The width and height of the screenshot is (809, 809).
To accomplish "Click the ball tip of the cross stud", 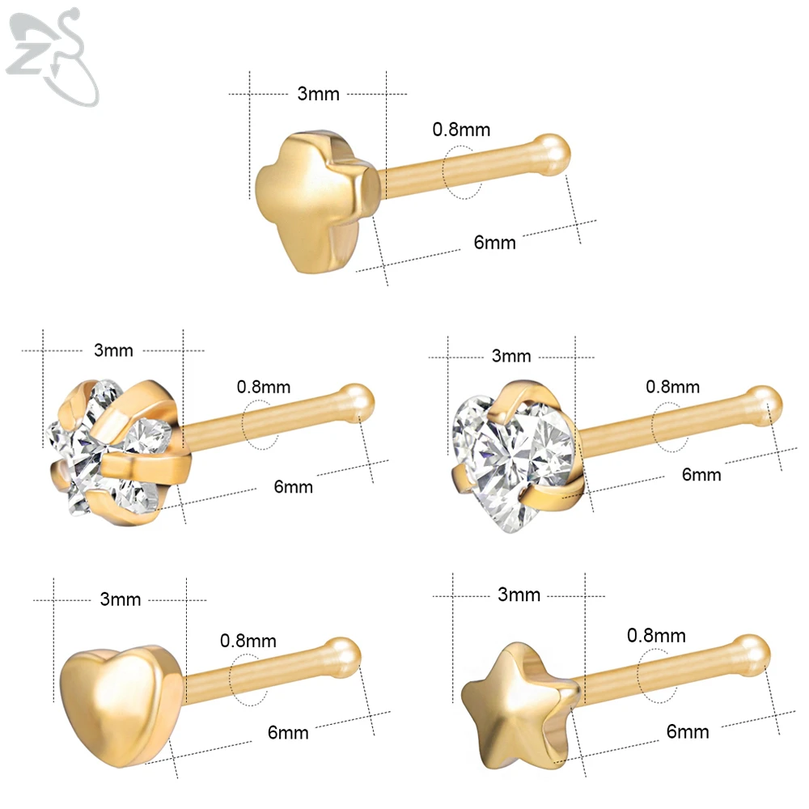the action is click(554, 151).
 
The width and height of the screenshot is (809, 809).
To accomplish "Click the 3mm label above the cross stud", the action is click(318, 94).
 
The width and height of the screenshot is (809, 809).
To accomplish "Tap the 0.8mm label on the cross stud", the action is click(461, 129).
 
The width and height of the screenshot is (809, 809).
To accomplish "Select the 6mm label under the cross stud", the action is click(494, 242).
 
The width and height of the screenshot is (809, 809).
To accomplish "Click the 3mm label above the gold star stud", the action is click(519, 595).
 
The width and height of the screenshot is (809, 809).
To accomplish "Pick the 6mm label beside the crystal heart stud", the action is click(701, 475).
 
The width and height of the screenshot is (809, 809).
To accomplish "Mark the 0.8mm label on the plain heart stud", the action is click(249, 641).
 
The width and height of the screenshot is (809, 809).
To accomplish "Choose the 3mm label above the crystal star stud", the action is click(113, 350).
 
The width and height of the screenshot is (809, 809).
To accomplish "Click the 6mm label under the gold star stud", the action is click(688, 732).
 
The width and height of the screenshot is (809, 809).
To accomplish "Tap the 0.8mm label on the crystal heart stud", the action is click(672, 387).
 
